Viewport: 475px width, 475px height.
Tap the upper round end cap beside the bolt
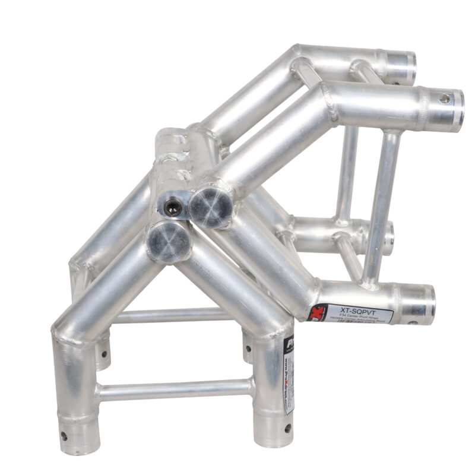tap(211, 206)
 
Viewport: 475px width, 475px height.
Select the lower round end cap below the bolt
tap(169, 241)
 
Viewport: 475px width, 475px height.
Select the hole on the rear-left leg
tap(104, 354)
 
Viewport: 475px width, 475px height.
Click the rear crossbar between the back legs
tap(172, 315)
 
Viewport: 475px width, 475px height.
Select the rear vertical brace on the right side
tap(348, 172)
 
